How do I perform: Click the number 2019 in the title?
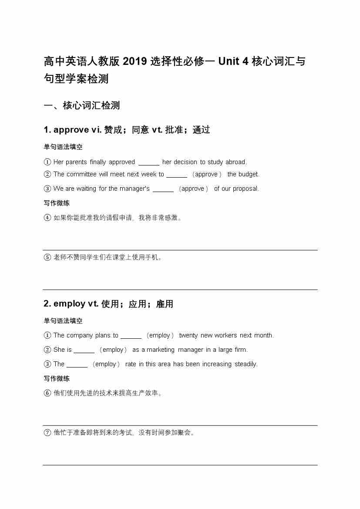point(135,61)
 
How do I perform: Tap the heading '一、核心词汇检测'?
point(82,105)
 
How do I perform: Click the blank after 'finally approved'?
point(149,162)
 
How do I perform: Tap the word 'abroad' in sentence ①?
point(236,162)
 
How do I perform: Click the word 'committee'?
point(81,174)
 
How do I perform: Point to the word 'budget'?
point(249,174)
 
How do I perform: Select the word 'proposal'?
point(246,189)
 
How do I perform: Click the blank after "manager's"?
point(163,189)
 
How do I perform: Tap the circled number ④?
point(47,218)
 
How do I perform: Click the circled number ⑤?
point(47,257)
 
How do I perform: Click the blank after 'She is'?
point(84,350)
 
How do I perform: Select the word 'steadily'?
point(246,364)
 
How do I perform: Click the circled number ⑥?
point(47,393)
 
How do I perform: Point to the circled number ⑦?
point(47,433)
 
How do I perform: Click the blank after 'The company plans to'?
point(131,336)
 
